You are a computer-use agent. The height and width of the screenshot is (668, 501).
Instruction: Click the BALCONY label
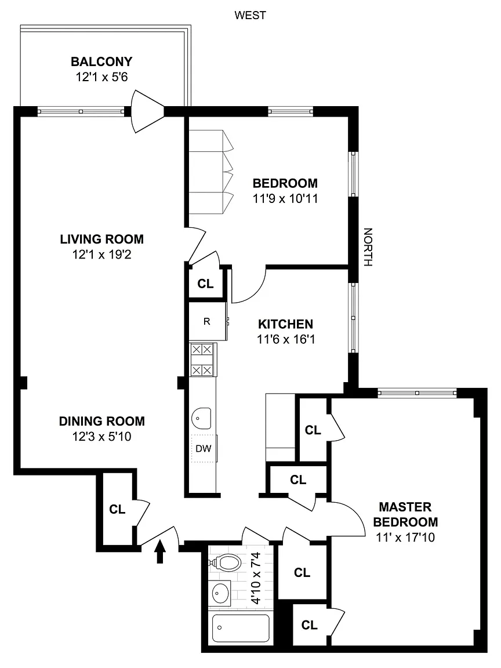[101, 62]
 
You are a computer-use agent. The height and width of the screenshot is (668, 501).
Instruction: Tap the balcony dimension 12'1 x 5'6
[102, 77]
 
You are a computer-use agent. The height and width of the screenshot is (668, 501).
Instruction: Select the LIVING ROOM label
[102, 239]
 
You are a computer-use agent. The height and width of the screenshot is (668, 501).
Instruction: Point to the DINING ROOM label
[102, 422]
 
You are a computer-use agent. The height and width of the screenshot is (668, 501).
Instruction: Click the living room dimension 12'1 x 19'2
[102, 255]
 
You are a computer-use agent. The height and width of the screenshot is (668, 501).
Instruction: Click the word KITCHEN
[285, 324]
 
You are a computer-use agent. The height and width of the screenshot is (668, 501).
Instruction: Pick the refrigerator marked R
[208, 321]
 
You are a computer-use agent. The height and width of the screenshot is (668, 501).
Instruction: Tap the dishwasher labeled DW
[204, 449]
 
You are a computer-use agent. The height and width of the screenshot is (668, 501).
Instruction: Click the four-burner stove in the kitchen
[202, 360]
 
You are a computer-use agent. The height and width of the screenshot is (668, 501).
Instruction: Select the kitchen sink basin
[202, 419]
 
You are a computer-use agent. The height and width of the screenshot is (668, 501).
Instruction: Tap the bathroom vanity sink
[220, 591]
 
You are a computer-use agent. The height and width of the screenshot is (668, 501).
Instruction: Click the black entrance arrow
[160, 551]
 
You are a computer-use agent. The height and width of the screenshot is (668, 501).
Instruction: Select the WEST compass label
[250, 15]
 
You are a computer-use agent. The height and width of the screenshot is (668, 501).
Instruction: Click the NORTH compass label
[368, 247]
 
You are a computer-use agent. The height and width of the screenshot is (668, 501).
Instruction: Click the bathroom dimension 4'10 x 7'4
[256, 578]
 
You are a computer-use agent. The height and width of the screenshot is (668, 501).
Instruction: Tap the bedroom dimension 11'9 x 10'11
[285, 198]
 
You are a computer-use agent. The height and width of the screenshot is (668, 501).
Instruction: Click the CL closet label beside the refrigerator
[205, 284]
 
